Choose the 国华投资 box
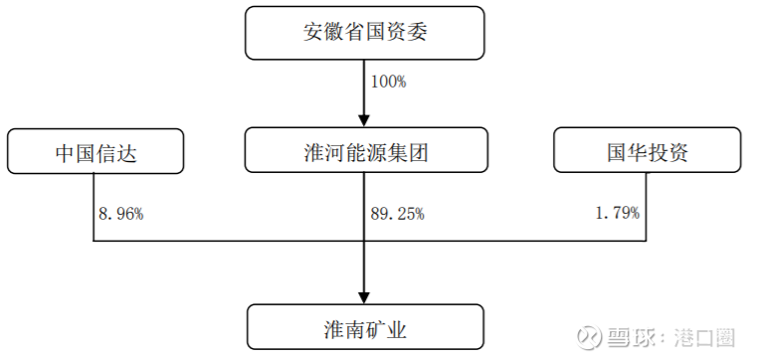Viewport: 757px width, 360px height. (x=647, y=152)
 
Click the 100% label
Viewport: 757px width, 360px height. (x=388, y=83)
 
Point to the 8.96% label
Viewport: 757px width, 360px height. (x=122, y=212)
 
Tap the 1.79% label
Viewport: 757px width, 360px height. (x=617, y=212)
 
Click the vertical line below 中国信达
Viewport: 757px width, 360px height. (x=94, y=209)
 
